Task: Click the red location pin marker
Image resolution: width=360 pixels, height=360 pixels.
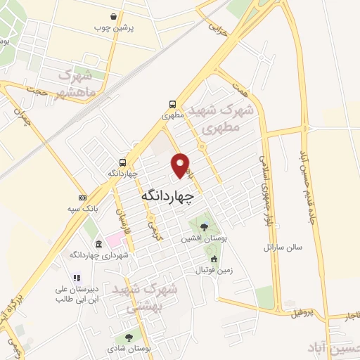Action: coord(181,165)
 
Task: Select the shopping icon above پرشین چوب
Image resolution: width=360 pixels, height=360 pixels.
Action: coord(114,17)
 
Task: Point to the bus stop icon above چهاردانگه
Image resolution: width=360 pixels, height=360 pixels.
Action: coord(123,162)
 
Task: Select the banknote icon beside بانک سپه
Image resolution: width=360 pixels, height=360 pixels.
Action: coord(83,197)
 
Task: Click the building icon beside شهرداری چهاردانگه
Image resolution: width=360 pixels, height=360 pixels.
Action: coord(98,243)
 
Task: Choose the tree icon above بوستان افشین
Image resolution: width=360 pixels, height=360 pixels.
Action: coord(204,226)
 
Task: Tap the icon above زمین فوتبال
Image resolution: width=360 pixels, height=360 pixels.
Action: coord(214,258)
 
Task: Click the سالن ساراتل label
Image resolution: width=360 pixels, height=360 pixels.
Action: coord(282,247)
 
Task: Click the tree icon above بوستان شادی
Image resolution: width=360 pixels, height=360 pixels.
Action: coord(128,337)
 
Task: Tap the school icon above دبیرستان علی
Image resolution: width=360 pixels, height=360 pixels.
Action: coord(77,278)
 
